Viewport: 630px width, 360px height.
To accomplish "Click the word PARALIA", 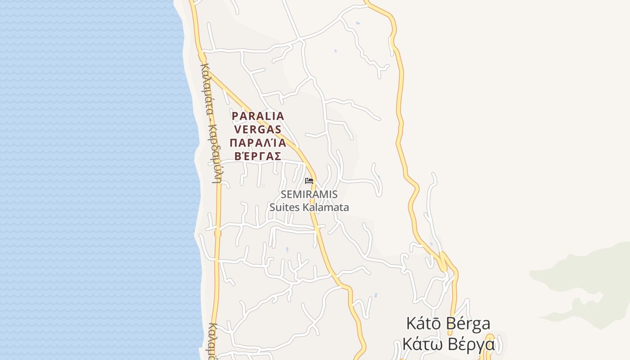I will [x=258, y=116].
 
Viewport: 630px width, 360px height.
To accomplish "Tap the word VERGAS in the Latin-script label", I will [x=258, y=130].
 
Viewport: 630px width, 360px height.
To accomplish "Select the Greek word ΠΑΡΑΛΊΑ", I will [x=258, y=143].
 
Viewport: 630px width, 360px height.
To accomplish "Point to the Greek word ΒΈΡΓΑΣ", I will [x=258, y=157].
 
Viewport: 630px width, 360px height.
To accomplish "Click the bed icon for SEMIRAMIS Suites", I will [x=309, y=181].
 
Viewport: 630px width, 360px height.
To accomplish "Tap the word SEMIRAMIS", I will [x=309, y=195].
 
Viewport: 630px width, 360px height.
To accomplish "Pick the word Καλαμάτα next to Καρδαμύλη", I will [x=206, y=90].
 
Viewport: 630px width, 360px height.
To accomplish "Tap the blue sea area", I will [x=90, y=180].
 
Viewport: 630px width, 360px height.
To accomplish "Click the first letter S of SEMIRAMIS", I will [x=283, y=195].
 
